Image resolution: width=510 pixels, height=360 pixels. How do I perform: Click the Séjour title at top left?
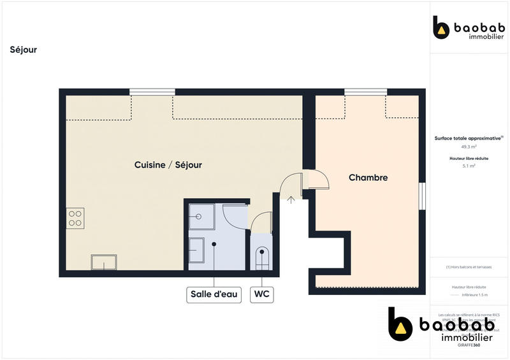[24, 50]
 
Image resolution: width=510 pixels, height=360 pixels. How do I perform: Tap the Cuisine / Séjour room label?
[168, 165]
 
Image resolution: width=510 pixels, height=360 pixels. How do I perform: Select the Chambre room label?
[368, 178]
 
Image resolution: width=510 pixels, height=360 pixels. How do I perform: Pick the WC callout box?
[261, 294]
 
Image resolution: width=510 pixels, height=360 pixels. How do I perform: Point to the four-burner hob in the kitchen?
[75, 218]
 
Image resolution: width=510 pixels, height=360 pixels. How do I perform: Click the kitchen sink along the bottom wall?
[103, 262]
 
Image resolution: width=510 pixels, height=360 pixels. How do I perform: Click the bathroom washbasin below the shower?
[196, 251]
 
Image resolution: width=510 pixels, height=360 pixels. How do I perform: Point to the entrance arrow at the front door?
[291, 199]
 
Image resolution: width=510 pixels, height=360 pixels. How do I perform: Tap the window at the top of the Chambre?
[365, 92]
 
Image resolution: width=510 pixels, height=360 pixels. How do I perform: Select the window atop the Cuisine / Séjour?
[152, 92]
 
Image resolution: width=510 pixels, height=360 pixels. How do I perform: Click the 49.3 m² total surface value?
[469, 146]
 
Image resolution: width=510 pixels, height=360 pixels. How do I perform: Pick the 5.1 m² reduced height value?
[469, 166]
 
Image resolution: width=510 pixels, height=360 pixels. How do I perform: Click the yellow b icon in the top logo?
[441, 27]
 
